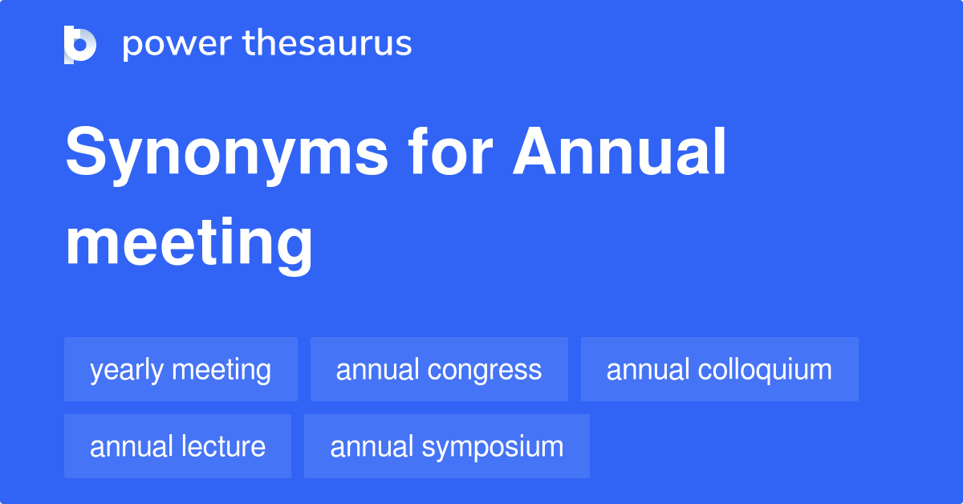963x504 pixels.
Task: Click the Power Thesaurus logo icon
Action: pyautogui.click(x=80, y=44)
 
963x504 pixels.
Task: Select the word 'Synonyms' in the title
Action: pyautogui.click(x=226, y=154)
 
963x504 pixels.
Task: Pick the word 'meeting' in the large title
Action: pyautogui.click(x=189, y=244)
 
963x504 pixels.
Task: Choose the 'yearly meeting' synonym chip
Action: pyautogui.click(x=181, y=369)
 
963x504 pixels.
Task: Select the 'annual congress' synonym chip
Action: pyautogui.click(x=439, y=369)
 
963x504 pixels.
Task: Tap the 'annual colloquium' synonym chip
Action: pyautogui.click(x=719, y=369)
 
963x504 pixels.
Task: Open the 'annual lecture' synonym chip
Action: pyautogui.click(x=177, y=446)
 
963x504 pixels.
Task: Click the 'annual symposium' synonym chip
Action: pyautogui.click(x=446, y=446)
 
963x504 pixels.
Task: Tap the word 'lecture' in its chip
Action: pyautogui.click(x=226, y=446)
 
